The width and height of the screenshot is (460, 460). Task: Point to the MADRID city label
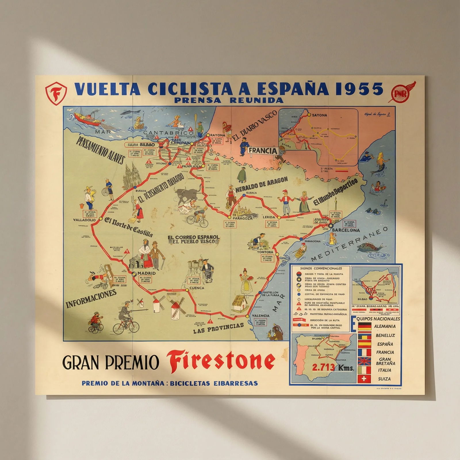tap(146, 273)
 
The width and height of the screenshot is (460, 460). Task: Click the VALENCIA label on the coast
tap(260, 316)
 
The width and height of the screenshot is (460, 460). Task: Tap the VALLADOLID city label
tap(84, 220)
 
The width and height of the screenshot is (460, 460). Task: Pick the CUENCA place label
tap(197, 288)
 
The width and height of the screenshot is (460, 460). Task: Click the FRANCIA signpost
tap(263, 151)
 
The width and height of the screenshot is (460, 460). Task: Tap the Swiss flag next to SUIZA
tap(364, 379)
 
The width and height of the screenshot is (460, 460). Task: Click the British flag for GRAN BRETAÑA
tap(364, 361)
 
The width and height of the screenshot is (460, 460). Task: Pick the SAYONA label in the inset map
tap(320, 115)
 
